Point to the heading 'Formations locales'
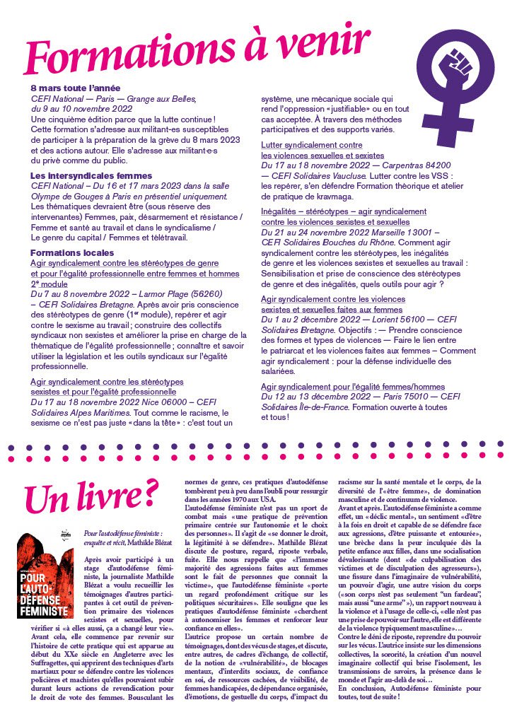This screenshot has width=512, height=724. [x=69, y=252]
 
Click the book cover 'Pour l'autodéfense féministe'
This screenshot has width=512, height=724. [x=45, y=577]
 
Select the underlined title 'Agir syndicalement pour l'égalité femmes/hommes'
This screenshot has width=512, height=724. [x=353, y=387]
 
